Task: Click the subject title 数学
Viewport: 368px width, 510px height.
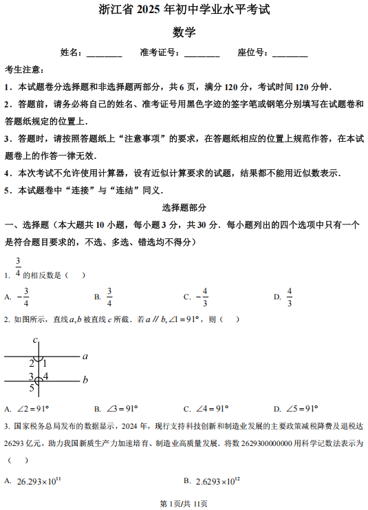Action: [x=184, y=32]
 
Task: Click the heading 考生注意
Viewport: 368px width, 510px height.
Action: [x=25, y=70]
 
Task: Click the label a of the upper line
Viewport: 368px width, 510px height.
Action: [x=85, y=357]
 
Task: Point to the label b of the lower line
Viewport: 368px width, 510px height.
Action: [x=85, y=379]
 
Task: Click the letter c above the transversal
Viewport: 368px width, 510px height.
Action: [x=34, y=340]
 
